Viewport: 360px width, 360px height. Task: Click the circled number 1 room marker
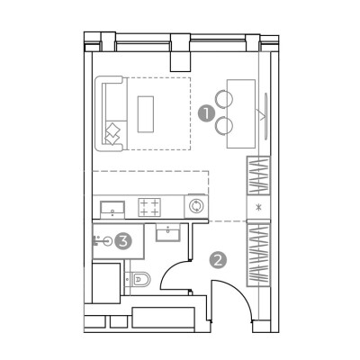[x=206, y=113]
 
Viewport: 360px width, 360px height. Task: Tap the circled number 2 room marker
[x=218, y=260]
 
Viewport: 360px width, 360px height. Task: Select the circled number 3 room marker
[x=123, y=240]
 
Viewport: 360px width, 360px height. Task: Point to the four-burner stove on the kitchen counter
[x=149, y=207]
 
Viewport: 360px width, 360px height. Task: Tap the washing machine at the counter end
[x=196, y=206]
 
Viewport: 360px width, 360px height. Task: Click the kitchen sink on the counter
[x=112, y=210]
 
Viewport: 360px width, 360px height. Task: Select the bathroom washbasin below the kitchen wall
[x=168, y=232]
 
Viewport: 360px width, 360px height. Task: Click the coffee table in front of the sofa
[x=146, y=114]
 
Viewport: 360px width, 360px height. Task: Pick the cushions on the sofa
[x=112, y=134]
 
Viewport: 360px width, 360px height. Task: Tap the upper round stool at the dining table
[x=223, y=99]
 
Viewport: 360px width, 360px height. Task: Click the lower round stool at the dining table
[x=224, y=125]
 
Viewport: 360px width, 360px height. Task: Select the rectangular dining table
[x=241, y=113]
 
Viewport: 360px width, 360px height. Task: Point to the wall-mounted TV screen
[x=265, y=115]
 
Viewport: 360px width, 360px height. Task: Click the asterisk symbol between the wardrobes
[x=258, y=207]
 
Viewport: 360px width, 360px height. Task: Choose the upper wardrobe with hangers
[x=258, y=176]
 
